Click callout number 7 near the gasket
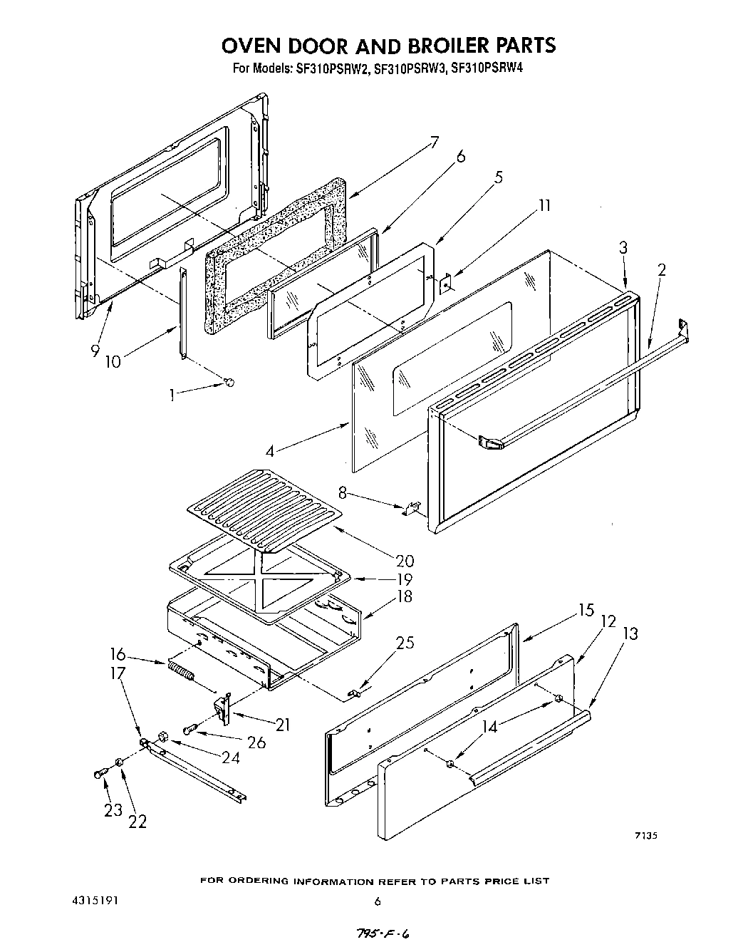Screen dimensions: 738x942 coord(434,142)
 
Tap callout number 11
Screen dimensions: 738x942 coord(544,206)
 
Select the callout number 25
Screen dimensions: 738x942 coord(405,643)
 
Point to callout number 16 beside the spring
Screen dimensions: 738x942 coord(118,654)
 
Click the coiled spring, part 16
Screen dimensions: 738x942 coord(181,671)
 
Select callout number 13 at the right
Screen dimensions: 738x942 coord(630,633)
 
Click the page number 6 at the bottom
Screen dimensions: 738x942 coord(378,901)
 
